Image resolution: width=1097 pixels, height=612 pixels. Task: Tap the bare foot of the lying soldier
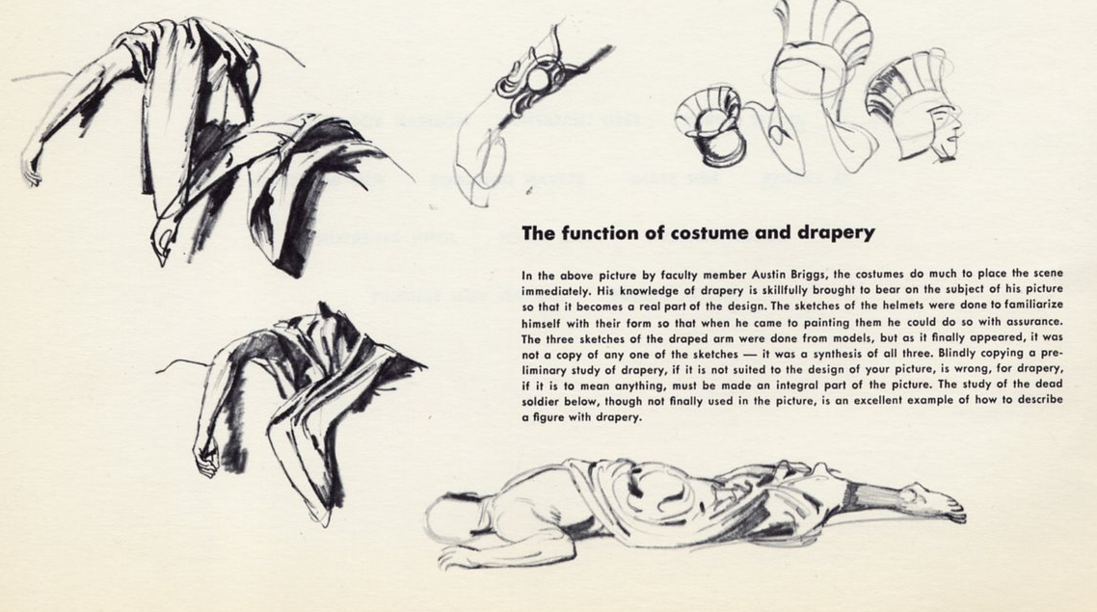point(934,501)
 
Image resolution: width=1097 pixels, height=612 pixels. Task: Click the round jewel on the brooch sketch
point(536,81)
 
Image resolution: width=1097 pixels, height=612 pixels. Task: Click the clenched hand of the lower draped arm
point(205,460)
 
